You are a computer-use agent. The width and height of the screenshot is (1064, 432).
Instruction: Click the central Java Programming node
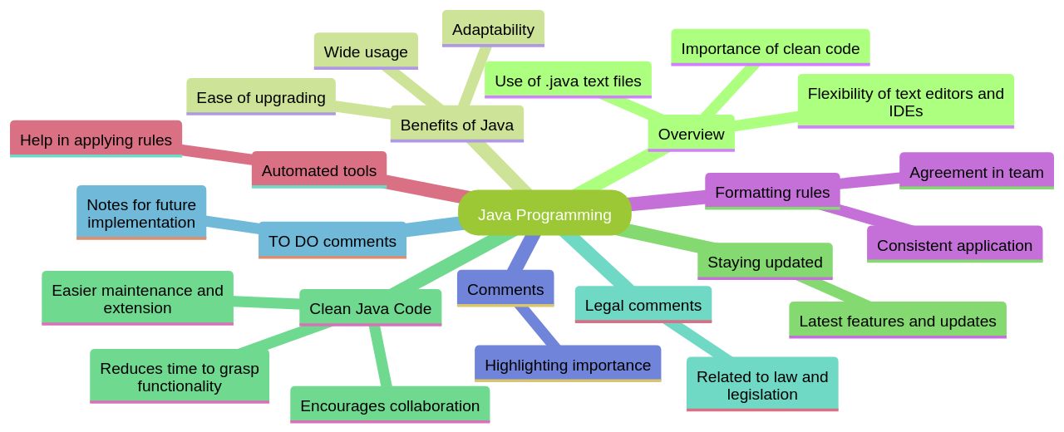pos(544,214)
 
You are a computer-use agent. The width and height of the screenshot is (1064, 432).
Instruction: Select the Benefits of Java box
pos(456,125)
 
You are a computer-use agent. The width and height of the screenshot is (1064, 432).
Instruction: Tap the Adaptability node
pos(493,29)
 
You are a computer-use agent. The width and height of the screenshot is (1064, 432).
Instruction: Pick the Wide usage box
pos(366,52)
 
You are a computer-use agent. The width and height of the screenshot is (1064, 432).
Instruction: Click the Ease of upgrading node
pos(261,97)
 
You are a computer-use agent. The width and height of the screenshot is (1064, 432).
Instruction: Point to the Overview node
pos(691,134)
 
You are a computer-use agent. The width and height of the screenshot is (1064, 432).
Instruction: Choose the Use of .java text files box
pos(568,81)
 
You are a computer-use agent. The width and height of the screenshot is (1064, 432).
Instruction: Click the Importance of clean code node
pos(770,48)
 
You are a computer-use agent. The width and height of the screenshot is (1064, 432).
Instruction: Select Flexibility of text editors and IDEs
pos(905,101)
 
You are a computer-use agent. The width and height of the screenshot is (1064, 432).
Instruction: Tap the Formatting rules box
pos(772,192)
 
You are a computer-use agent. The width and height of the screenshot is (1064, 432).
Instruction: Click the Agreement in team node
pos(976,172)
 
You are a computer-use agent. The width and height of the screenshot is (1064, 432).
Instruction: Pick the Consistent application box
pos(954,245)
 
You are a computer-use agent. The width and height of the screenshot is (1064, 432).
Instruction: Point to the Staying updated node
pos(765,262)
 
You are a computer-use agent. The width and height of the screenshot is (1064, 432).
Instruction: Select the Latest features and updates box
pos(897,321)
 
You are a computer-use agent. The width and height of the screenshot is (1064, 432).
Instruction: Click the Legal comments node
pos(643,305)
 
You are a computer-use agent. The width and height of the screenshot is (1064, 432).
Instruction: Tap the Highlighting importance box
pos(568,365)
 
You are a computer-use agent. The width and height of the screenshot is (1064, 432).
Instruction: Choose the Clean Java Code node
pos(370,308)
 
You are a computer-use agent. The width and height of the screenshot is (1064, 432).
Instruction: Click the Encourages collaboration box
pos(390,405)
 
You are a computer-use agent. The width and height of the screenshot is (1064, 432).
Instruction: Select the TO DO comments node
pos(332,241)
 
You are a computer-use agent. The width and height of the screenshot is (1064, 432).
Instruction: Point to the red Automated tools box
pos(318,170)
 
